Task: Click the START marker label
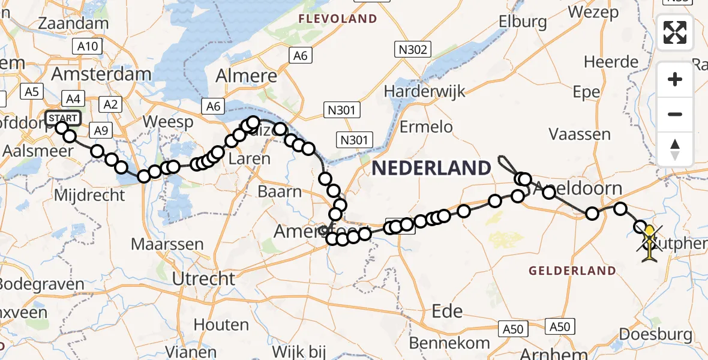[62, 118]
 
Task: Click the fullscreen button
[675, 32]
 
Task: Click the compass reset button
[675, 149]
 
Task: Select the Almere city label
[246, 76]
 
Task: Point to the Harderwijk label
[416, 92]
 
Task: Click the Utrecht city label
[203, 278]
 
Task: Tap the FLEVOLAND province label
[339, 19]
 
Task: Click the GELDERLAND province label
[572, 271]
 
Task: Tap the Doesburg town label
[664, 335]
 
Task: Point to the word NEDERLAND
[431, 168]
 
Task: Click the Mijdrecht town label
[89, 195]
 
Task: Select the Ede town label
[448, 311]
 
